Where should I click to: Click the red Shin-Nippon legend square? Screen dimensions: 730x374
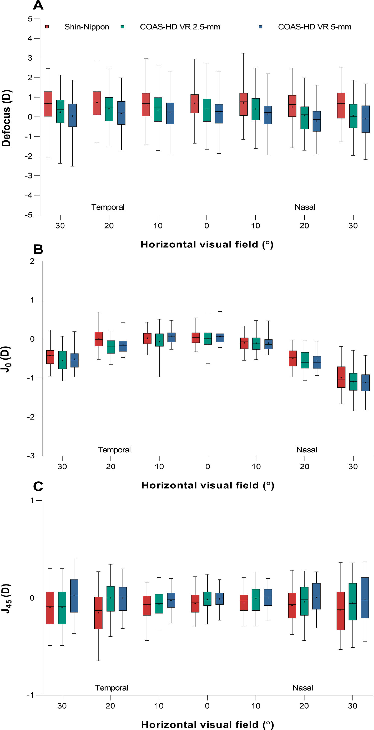pyautogui.click(x=47, y=27)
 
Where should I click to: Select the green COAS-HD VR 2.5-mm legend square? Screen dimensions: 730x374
pyautogui.click(x=122, y=27)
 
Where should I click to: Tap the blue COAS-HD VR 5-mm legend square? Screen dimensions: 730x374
pyautogui.click(x=261, y=27)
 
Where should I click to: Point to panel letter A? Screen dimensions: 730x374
pyautogui.click(x=38, y=5)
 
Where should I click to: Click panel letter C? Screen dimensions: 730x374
pyautogui.click(x=38, y=486)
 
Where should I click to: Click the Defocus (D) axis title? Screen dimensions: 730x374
pyautogui.click(x=6, y=118)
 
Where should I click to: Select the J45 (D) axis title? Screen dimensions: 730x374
pyautogui.click(x=6, y=598)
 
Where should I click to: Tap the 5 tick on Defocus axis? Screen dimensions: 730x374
pyautogui.click(x=30, y=19)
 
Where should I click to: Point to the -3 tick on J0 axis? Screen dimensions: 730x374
pyautogui.click(x=31, y=456)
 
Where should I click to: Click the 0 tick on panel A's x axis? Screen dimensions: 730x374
pyautogui.click(x=207, y=226)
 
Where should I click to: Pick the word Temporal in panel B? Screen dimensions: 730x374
pyautogui.click(x=114, y=450)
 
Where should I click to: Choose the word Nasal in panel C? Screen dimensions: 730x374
pyautogui.click(x=302, y=688)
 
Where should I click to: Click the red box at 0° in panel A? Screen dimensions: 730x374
pyautogui.click(x=194, y=104)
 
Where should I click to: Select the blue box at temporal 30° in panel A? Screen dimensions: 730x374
pyautogui.click(x=73, y=115)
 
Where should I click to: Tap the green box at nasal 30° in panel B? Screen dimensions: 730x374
pyautogui.click(x=353, y=382)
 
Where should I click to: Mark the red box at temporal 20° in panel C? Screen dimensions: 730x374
pyautogui.click(x=98, y=613)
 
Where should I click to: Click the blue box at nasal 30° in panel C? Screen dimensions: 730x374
pyautogui.click(x=365, y=598)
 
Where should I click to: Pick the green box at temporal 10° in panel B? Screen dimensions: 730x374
pyautogui.click(x=159, y=340)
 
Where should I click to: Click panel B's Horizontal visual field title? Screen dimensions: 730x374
pyautogui.click(x=207, y=485)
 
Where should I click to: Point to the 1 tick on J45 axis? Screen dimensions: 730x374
pyautogui.click(x=32, y=501)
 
